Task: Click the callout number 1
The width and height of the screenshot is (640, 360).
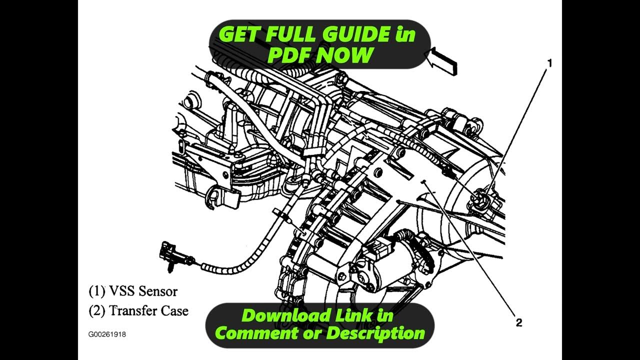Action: (549, 63)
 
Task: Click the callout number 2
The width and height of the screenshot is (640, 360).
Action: (519, 322)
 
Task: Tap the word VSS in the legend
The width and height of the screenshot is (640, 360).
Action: (121, 290)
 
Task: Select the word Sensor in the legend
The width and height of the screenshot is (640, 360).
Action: (158, 290)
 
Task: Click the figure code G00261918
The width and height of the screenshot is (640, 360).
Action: (107, 334)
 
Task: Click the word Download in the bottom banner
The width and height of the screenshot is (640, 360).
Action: (286, 315)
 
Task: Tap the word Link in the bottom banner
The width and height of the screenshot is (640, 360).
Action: (351, 315)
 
